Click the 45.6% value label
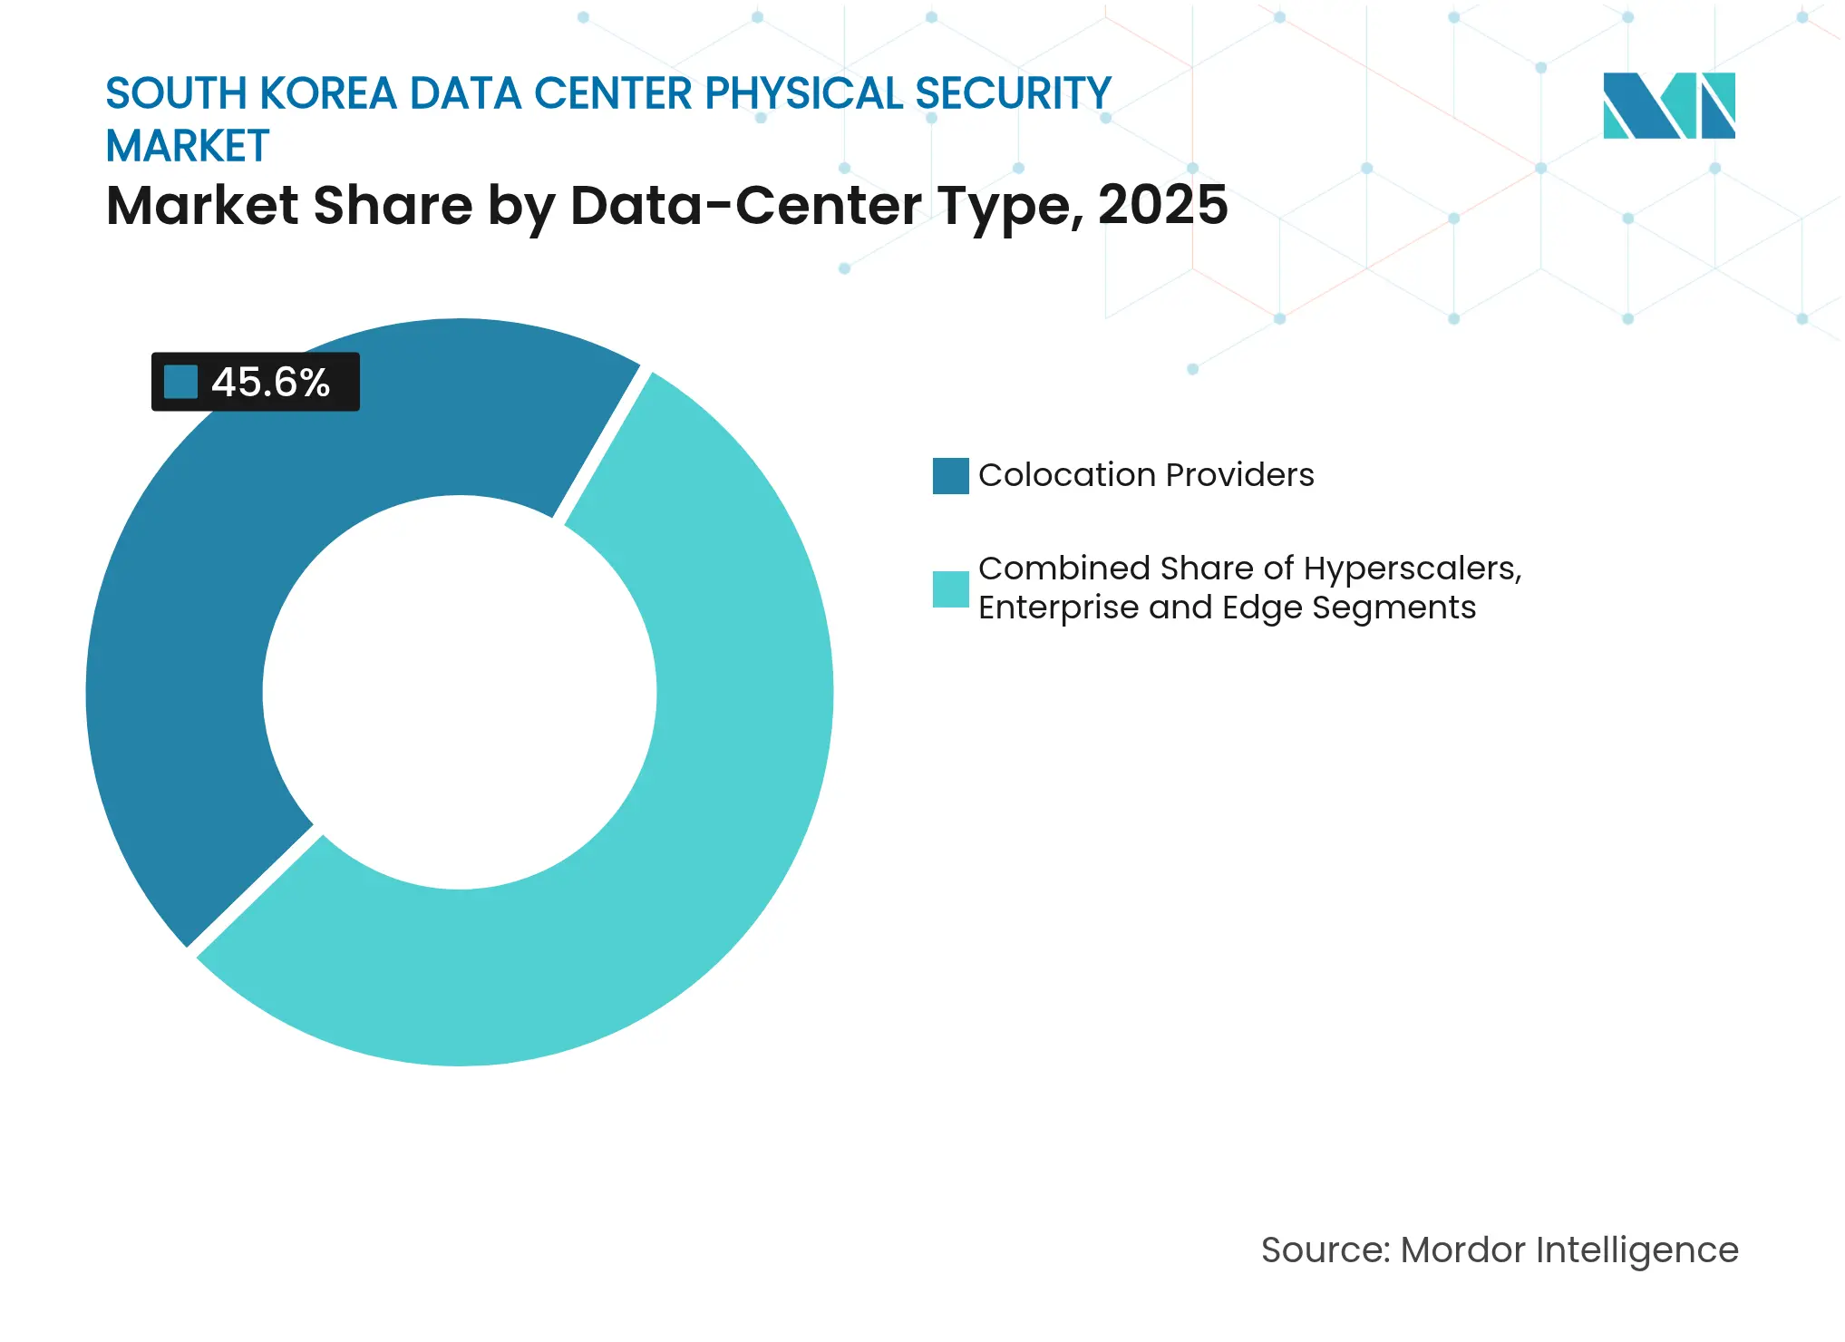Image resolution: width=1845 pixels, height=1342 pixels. pyautogui.click(x=270, y=382)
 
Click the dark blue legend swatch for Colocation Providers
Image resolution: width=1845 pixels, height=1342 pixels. pyautogui.click(x=950, y=475)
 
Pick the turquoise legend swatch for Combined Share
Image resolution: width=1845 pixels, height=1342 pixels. pyautogui.click(x=950, y=588)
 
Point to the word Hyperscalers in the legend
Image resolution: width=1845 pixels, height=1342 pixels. pyautogui.click(x=1412, y=569)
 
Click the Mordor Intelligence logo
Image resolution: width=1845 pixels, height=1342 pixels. pyautogui.click(x=1668, y=105)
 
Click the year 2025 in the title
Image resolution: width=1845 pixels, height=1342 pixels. pyautogui.click(x=1162, y=205)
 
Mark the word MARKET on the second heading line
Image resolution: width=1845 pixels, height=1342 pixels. pyautogui.click(x=188, y=146)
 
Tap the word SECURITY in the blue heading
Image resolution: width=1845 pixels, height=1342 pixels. pyautogui.click(x=1013, y=93)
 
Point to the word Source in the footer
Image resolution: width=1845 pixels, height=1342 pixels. pyautogui.click(x=1325, y=1250)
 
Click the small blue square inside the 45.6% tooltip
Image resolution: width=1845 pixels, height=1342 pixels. pyautogui.click(x=180, y=382)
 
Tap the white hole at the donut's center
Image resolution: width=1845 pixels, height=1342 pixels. pyautogui.click(x=460, y=692)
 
